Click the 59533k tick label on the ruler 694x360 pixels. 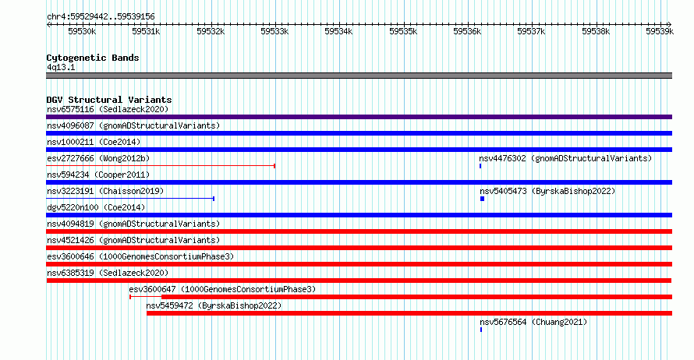pos(274,31)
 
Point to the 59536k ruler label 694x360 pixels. pos(467,31)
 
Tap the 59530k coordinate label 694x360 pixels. pos(82,31)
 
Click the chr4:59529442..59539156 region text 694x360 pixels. pos(101,17)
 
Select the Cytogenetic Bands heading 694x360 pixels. pos(93,58)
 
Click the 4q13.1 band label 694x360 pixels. pos(61,67)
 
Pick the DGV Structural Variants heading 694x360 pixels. pos(109,100)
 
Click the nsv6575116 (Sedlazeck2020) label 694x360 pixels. pos(108,109)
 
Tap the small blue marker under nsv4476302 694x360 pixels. pos(480,166)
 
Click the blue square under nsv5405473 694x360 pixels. pos(483,199)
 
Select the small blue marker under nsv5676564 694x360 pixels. pos(481,330)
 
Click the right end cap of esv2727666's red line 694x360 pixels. pos(274,166)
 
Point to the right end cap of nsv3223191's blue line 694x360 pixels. pos(214,199)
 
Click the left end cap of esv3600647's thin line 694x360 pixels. pos(130,297)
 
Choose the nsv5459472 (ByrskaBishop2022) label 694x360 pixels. pos(214,305)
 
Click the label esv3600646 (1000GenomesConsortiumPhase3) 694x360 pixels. pos(140,256)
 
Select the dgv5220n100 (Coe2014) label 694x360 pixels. pos(96,207)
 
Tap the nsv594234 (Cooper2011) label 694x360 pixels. pos(98,175)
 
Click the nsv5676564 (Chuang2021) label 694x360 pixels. pos(533,322)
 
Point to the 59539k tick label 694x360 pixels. pos(660,31)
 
